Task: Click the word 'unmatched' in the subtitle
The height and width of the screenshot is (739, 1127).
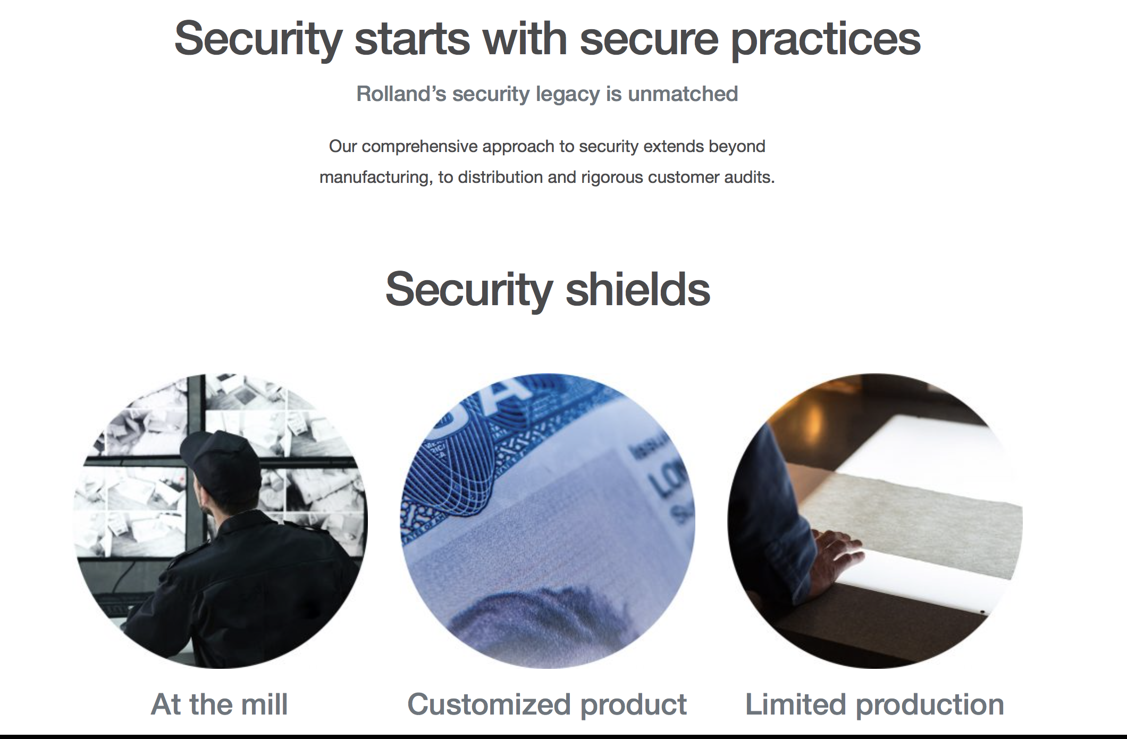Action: point(683,94)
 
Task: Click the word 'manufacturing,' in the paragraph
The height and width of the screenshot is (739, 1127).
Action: point(376,177)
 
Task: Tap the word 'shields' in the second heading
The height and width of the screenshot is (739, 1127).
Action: point(637,289)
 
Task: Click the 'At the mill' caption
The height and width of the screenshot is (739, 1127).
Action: point(220,704)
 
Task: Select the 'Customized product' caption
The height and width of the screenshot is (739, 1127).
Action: point(547,705)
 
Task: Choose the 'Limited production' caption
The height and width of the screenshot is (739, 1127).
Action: point(874,705)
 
